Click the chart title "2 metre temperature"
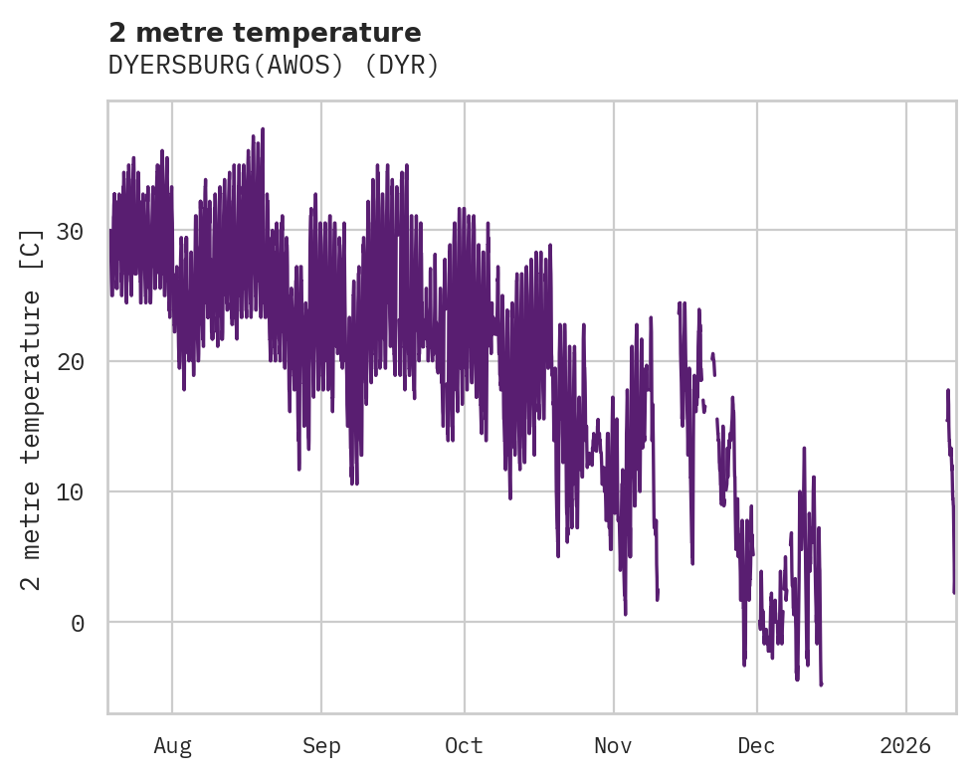tap(265, 33)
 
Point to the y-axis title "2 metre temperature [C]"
tap(32, 408)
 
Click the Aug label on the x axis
tap(172, 745)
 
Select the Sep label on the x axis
tap(321, 745)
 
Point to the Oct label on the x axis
tap(464, 745)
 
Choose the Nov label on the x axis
tap(614, 745)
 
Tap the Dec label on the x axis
tap(757, 745)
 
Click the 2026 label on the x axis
tap(906, 745)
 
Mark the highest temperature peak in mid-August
tap(263, 129)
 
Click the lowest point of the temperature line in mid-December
tap(821, 684)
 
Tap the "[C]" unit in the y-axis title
tap(32, 247)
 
